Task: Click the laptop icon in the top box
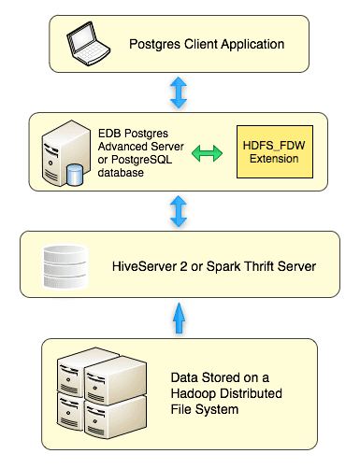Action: pyautogui.click(x=89, y=43)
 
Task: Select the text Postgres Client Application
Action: pyautogui.click(x=207, y=43)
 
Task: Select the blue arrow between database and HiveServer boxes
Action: pyautogui.click(x=179, y=211)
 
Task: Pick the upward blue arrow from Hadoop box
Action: pyautogui.click(x=179, y=319)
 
